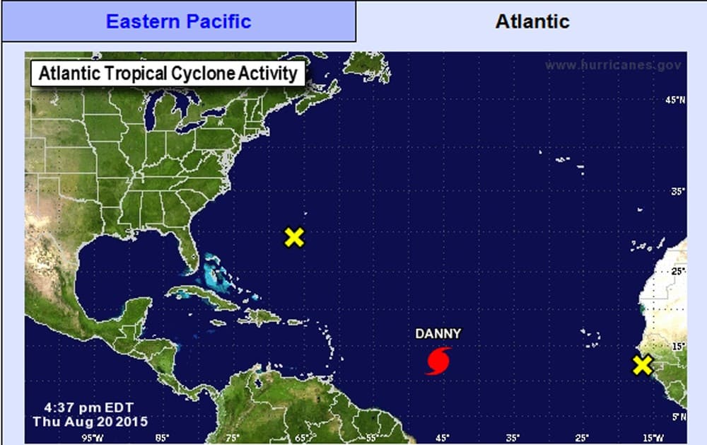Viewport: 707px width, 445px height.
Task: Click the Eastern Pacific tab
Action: click(178, 21)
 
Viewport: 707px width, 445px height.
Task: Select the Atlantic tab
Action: click(532, 21)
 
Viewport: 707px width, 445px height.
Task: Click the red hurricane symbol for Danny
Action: click(438, 360)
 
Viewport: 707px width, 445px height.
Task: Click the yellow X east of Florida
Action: click(294, 237)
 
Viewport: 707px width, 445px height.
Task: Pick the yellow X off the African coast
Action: click(642, 365)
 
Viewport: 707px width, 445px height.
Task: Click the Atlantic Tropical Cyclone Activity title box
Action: click(168, 74)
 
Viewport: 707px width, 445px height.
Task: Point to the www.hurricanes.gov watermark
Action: click(613, 65)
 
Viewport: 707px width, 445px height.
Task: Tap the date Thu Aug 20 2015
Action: click(89, 422)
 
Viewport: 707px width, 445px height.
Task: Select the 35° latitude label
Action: click(677, 192)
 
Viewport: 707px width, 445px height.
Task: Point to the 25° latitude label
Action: click(677, 271)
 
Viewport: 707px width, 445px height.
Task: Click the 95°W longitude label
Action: click(93, 437)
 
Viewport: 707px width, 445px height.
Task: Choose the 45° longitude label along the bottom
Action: click(442, 437)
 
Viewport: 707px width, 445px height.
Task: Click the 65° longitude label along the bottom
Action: click(303, 437)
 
